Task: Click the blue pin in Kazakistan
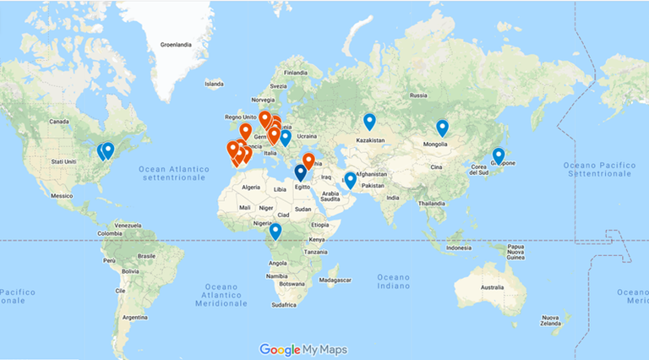369,123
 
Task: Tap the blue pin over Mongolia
442,128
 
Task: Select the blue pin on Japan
499,156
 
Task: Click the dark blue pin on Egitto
300,172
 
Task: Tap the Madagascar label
340,280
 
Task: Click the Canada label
58,122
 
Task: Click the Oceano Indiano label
393,282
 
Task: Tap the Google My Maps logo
303,349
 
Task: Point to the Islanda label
215,84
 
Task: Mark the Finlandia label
296,73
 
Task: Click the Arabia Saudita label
330,197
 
